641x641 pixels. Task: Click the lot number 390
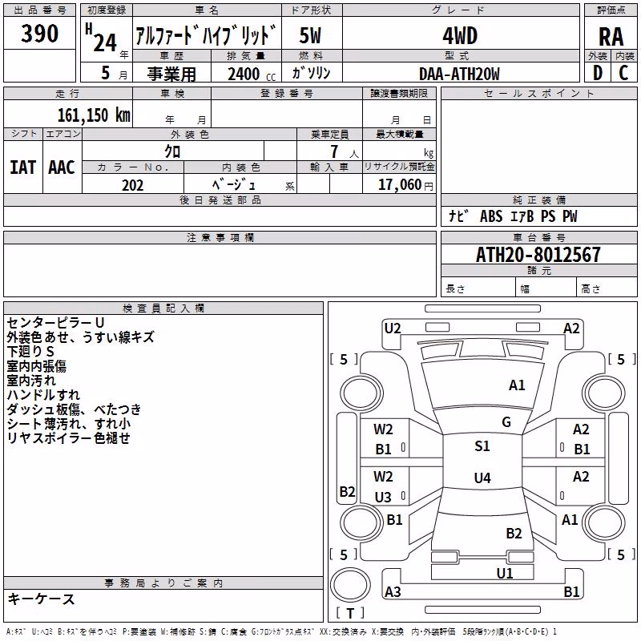click(39, 34)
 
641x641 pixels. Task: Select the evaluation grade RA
click(611, 37)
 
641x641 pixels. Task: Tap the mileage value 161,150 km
click(94, 115)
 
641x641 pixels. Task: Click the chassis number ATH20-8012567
click(538, 255)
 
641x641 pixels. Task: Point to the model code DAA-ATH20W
click(459, 74)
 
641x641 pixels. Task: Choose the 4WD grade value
click(460, 36)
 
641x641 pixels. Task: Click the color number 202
click(133, 185)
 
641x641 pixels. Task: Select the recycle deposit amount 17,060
click(400, 185)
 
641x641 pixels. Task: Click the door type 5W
click(310, 35)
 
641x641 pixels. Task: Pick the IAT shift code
click(23, 167)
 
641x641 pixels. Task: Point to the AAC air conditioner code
click(62, 167)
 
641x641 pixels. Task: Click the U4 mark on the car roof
click(482, 478)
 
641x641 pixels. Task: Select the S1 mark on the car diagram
click(482, 446)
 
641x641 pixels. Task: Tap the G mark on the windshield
click(506, 422)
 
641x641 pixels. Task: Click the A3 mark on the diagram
click(393, 591)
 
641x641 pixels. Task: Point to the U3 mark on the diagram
click(383, 497)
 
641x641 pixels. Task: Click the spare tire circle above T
click(350, 585)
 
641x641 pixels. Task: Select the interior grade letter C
click(624, 73)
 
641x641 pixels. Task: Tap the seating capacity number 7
click(334, 151)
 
